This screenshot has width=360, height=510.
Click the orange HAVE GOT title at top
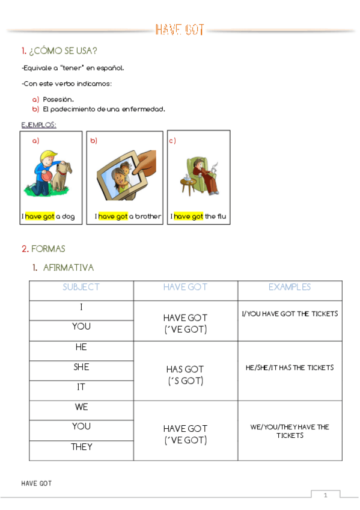[x=180, y=30]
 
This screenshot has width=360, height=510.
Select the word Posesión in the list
[x=58, y=99]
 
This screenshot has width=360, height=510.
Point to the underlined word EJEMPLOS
[x=38, y=124]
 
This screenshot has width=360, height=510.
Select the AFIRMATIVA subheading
[x=69, y=267]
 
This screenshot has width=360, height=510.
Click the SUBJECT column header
[x=81, y=287]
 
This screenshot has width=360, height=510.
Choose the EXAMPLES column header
[x=290, y=287]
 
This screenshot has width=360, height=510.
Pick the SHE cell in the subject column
[x=81, y=367]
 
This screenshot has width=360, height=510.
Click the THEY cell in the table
[x=81, y=446]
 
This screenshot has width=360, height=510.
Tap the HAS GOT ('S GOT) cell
[x=185, y=375]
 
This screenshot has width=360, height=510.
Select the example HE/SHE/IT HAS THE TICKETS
[x=290, y=367]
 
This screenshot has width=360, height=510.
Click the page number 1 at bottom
[x=325, y=495]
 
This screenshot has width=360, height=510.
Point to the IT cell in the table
[x=81, y=387]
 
